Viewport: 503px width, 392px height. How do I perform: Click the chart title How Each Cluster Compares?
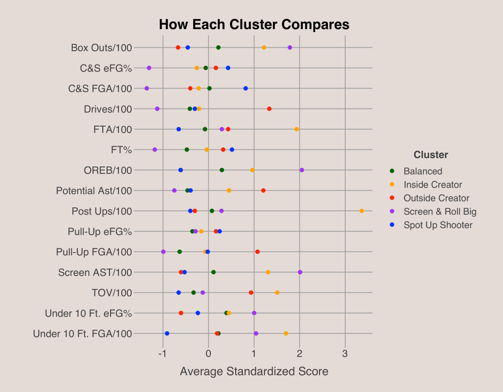pyautogui.click(x=254, y=25)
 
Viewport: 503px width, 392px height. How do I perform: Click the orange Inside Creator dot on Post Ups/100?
pyautogui.click(x=361, y=211)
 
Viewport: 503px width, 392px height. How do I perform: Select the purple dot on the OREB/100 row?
pyautogui.click(x=301, y=170)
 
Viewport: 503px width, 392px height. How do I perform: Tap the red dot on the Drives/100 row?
pyautogui.click(x=269, y=108)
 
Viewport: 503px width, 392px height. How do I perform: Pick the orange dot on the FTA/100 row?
pyautogui.click(x=296, y=129)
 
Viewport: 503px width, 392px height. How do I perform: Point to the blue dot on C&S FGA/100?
pyautogui.click(x=245, y=88)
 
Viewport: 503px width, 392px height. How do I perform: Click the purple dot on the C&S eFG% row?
pyautogui.click(x=149, y=68)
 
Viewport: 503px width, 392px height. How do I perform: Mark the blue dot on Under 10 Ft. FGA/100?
pyautogui.click(x=167, y=333)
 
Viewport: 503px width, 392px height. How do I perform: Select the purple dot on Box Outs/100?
pyautogui.click(x=290, y=47)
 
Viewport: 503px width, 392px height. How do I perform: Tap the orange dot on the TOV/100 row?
pyautogui.click(x=277, y=293)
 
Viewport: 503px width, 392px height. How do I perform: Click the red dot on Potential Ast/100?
pyautogui.click(x=263, y=190)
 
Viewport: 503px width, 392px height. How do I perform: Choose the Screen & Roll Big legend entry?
pyautogui.click(x=440, y=212)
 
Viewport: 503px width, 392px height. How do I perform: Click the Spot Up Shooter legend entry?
pyautogui.click(x=438, y=225)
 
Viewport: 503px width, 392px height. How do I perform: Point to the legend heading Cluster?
pyautogui.click(x=431, y=155)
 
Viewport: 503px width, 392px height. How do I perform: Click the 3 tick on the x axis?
pyautogui.click(x=345, y=353)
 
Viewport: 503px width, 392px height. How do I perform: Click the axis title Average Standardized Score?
pyautogui.click(x=254, y=371)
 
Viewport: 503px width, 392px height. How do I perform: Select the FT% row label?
pyautogui.click(x=121, y=150)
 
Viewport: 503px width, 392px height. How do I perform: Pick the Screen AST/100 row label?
pyautogui.click(x=95, y=272)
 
